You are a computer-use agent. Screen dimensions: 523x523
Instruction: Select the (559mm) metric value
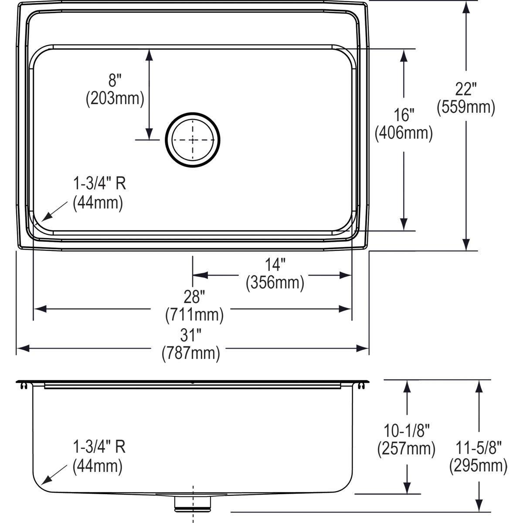point(466,107)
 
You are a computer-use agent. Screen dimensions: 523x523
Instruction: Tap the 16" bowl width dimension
point(404,115)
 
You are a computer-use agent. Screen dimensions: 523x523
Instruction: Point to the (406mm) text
point(404,133)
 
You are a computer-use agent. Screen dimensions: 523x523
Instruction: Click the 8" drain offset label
point(115,81)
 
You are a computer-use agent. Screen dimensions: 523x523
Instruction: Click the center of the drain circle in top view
point(193,140)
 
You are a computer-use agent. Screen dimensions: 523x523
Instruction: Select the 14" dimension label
point(275,265)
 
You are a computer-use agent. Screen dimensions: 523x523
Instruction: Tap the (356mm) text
point(275,283)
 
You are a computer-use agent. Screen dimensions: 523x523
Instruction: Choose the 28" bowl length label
point(194,298)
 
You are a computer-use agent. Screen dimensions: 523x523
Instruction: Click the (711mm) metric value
point(194,315)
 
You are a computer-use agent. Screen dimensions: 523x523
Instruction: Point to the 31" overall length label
point(191,336)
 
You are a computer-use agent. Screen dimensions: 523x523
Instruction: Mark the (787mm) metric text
point(191,353)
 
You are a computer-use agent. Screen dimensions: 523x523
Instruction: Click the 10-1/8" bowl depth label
point(406,431)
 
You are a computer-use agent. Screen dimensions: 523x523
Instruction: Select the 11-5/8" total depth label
point(479,448)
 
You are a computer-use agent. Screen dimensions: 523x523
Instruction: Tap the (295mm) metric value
point(479,466)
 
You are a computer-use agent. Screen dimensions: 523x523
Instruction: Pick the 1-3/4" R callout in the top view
point(99,184)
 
